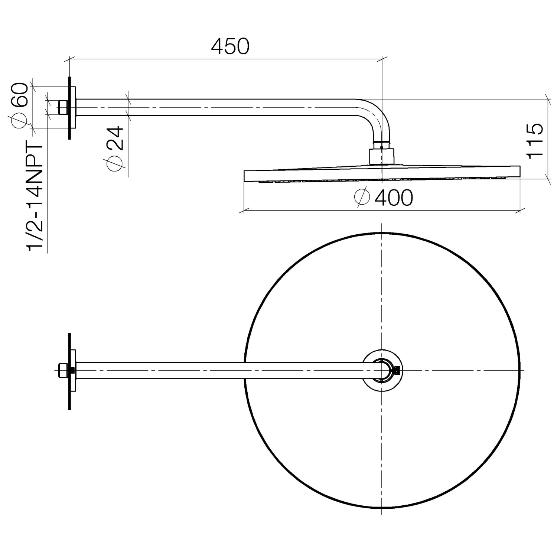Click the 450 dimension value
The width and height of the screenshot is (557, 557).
(230, 46)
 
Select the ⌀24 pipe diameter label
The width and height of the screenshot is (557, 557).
(115, 149)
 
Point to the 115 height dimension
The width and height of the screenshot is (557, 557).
(535, 141)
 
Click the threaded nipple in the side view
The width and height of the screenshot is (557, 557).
(63, 107)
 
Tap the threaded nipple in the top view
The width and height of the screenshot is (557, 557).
(63, 370)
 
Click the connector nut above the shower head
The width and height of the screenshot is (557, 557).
(381, 156)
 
